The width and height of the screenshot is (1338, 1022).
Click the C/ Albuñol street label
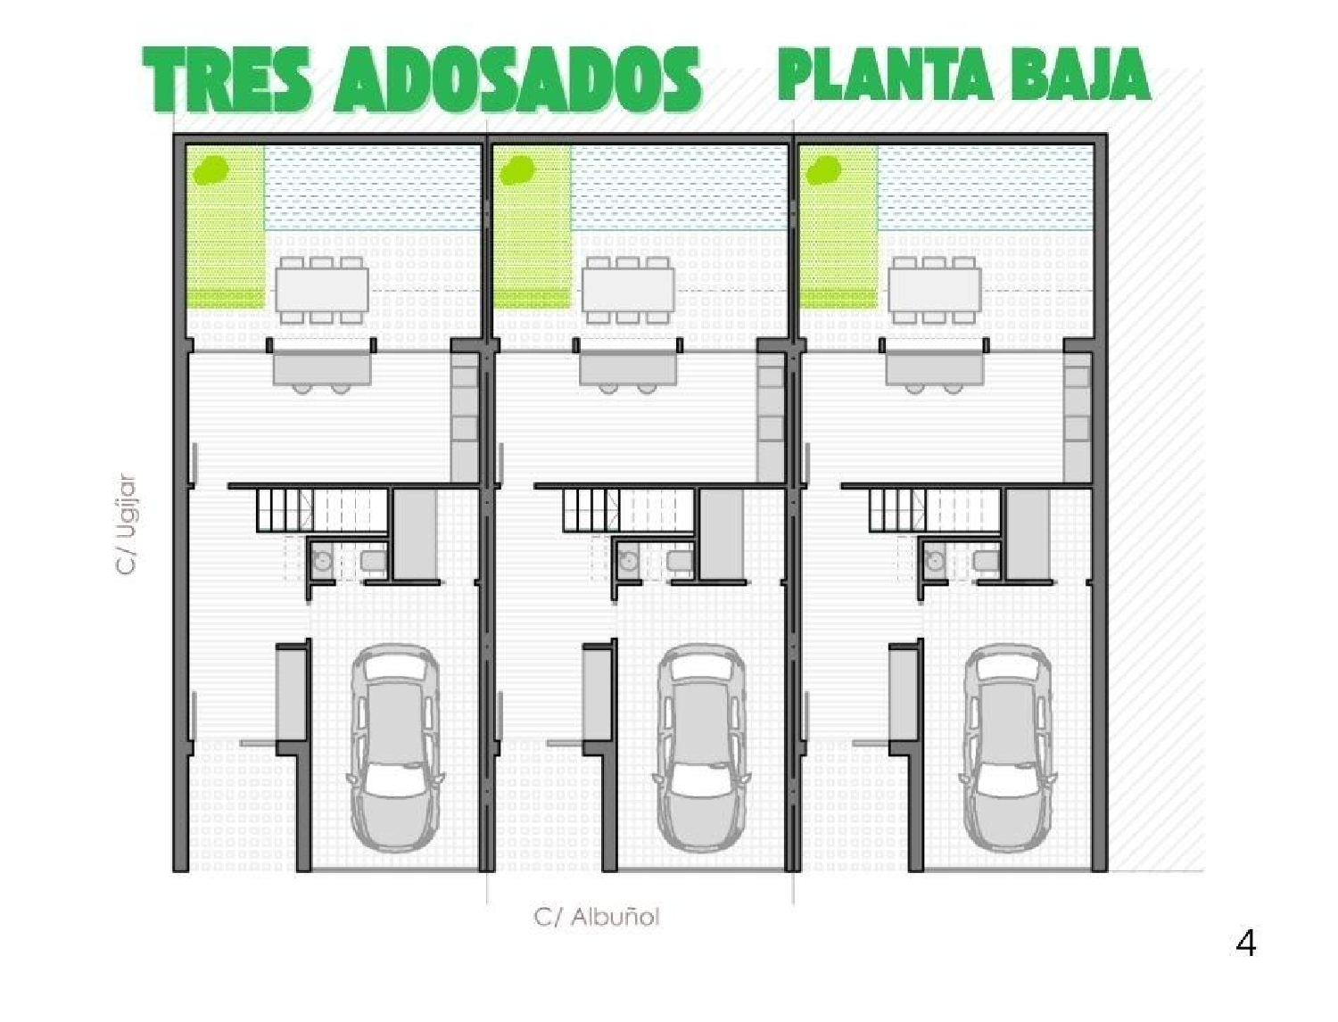[597, 917]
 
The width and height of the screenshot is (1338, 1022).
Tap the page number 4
[1245, 943]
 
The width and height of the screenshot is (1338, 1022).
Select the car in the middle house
[702, 747]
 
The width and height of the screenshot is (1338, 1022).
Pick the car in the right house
[1008, 747]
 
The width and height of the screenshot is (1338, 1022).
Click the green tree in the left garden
[211, 169]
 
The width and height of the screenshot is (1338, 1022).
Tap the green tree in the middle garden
[516, 169]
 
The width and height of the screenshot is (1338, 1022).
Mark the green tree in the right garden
[822, 169]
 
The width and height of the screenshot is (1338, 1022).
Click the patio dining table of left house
[321, 290]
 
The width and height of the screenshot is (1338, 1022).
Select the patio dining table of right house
[934, 290]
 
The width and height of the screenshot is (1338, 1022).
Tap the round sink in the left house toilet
[322, 561]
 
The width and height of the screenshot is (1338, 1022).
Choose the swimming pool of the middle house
[679, 187]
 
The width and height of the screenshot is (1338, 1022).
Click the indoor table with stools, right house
[934, 367]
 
